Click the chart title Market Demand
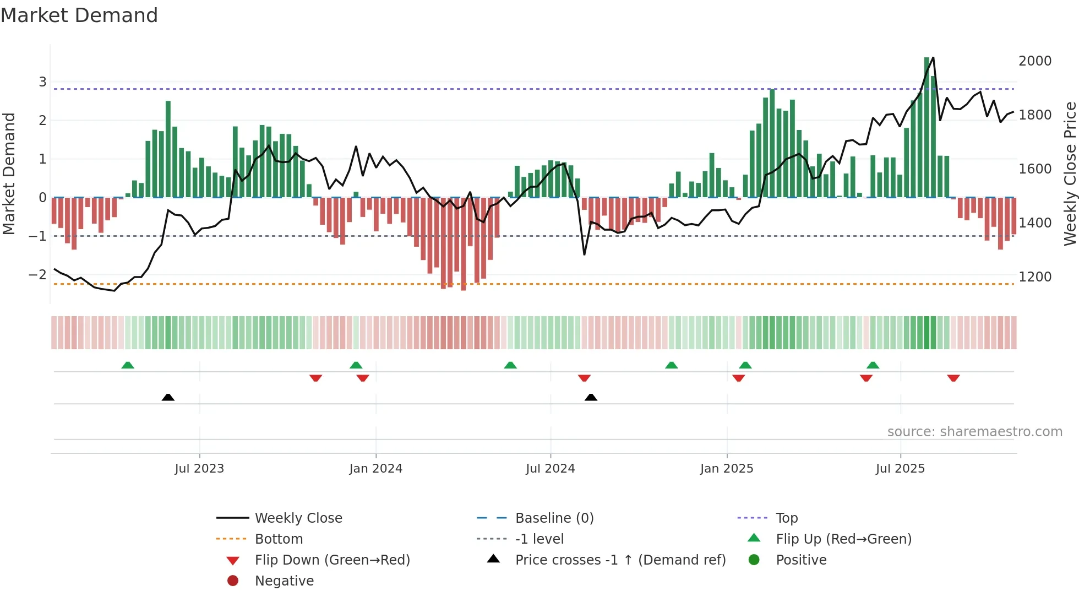pos(79,15)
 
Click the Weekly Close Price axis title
pos(1070,174)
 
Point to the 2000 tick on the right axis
pos(1035,61)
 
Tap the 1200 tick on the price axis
pos(1035,277)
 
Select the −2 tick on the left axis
pos(37,275)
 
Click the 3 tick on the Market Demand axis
pos(42,82)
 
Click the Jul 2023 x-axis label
pos(199,469)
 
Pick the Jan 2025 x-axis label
pos(727,469)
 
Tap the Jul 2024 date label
pos(550,469)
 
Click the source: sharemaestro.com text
pos(974,432)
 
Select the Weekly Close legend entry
pos(298,518)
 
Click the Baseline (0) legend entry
pos(554,518)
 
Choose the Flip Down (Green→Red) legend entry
pos(332,560)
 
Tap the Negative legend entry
pos(284,581)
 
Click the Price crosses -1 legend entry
pos(620,560)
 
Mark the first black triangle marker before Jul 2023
pos(168,398)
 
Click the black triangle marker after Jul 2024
pos(591,398)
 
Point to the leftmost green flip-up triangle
pos(128,365)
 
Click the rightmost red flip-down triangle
pos(953,378)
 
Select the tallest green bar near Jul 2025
pos(927,127)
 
